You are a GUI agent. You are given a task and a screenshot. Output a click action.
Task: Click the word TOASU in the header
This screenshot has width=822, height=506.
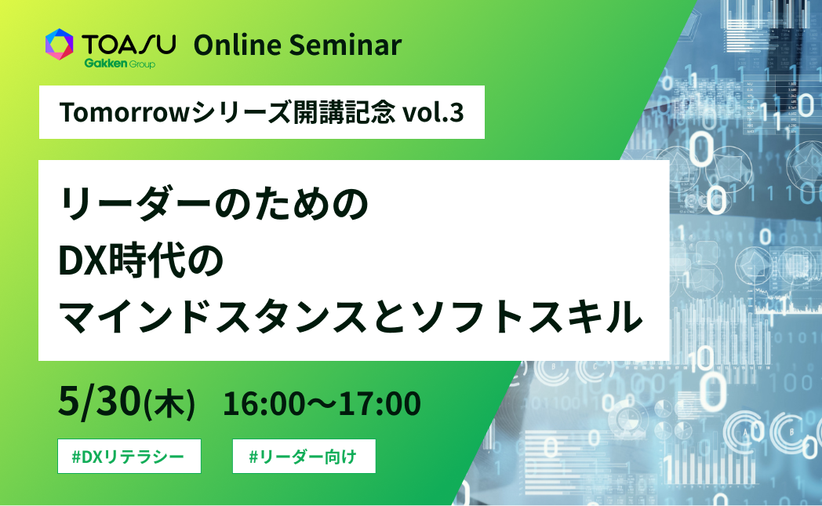(x=129, y=44)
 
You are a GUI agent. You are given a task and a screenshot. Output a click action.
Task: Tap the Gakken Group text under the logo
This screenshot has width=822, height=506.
(x=118, y=64)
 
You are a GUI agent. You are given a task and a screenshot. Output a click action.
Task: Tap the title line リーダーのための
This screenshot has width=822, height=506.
(x=213, y=205)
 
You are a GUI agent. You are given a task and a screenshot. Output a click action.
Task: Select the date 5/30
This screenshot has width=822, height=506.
(x=99, y=402)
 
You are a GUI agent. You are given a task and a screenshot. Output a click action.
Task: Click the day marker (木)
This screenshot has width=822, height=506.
(x=169, y=404)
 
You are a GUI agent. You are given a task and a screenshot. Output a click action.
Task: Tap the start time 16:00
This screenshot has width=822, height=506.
(x=257, y=404)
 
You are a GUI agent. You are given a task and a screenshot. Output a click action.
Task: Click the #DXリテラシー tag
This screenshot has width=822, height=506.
(x=129, y=457)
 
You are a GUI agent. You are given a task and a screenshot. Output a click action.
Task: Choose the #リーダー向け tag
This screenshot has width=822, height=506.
(x=304, y=457)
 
